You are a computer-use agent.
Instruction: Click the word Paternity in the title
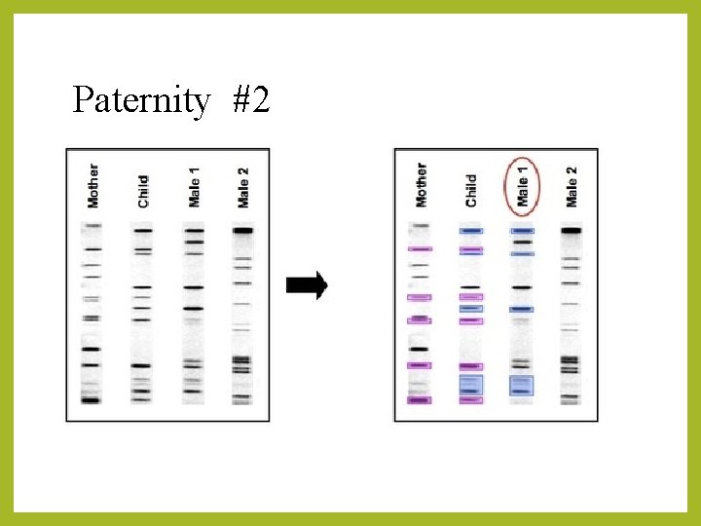click(140, 99)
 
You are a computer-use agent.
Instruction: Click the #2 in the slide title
click(251, 99)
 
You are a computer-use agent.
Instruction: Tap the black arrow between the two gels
click(307, 285)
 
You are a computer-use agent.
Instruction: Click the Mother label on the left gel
click(93, 185)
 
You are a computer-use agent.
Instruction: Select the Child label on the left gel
click(143, 191)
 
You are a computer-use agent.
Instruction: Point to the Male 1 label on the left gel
click(194, 187)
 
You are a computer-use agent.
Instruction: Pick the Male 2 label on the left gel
click(243, 187)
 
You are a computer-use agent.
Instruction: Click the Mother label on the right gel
click(421, 185)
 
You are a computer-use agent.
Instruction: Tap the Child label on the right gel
click(471, 191)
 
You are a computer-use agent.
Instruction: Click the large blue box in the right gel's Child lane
click(471, 386)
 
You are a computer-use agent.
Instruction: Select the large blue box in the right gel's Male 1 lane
click(522, 386)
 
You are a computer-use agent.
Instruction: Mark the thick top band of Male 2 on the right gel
click(571, 231)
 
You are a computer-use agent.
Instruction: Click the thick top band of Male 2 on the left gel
click(242, 231)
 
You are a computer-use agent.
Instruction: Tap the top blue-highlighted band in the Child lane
click(471, 231)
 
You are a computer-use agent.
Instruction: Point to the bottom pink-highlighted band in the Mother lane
click(419, 399)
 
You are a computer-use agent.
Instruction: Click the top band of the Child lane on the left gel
click(143, 231)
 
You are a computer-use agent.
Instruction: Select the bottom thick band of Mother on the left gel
click(92, 399)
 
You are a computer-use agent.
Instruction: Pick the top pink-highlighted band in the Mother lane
click(419, 249)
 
